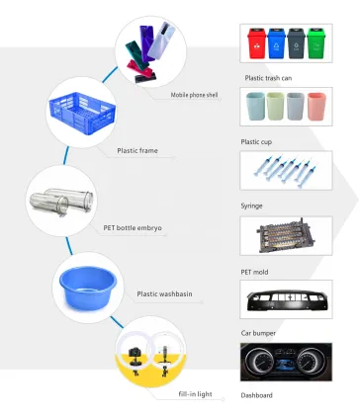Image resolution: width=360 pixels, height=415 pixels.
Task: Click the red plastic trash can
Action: pos(256,46)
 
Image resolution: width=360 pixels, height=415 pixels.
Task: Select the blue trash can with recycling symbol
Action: pos(277,46)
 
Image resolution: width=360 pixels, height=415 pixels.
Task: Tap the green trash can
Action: pos(317,46)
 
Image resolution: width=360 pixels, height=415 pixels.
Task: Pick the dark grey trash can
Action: pos(298,46)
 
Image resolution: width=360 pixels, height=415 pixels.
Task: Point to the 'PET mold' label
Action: pos(256,269)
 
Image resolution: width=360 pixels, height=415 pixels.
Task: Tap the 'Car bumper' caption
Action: pos(258,333)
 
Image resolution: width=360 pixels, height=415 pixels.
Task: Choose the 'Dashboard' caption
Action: pos(256,394)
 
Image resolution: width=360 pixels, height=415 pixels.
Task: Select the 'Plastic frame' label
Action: pos(139,151)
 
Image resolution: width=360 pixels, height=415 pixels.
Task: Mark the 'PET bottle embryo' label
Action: pos(133,227)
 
